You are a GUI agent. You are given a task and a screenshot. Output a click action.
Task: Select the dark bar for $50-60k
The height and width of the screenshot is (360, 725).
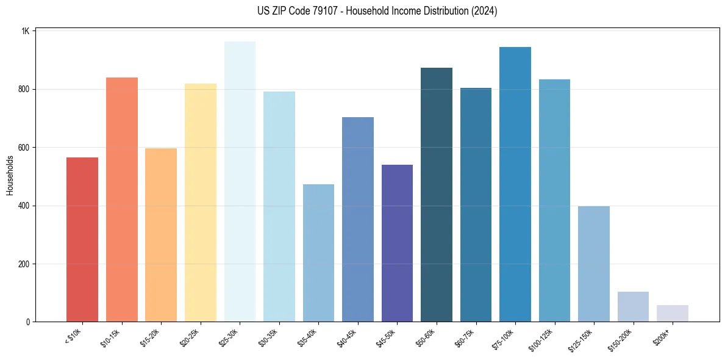[437, 195]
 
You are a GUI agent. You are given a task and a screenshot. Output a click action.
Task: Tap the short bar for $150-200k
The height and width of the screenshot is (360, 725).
[633, 306]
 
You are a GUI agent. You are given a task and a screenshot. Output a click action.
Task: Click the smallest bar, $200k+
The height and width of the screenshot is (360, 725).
[673, 313]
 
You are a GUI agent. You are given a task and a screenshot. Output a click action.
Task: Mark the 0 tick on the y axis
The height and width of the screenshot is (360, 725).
[27, 322]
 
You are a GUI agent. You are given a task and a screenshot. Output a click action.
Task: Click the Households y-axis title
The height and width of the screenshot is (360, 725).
[10, 175]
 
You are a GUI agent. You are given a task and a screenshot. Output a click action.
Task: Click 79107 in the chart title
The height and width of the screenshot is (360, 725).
[313, 11]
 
